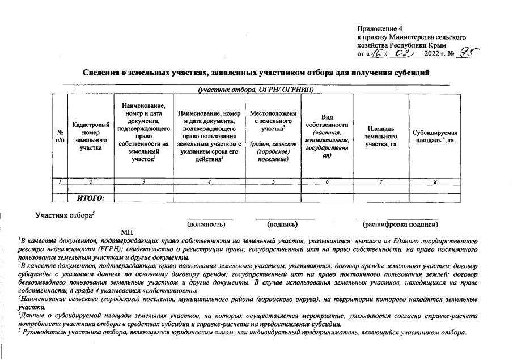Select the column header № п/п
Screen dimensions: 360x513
click(x=60, y=135)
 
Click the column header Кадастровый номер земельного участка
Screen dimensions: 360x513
click(x=91, y=135)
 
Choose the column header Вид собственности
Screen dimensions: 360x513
click(x=327, y=135)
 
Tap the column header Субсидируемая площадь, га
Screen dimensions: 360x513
click(x=435, y=135)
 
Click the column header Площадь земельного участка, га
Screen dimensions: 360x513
click(x=381, y=135)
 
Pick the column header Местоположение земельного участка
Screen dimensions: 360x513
click(x=273, y=135)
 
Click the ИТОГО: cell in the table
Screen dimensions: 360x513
click(x=91, y=198)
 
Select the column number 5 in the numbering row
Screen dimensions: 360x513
click(x=273, y=181)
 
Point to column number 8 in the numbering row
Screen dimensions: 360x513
click(x=435, y=181)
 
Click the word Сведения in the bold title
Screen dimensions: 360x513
click(x=101, y=73)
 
